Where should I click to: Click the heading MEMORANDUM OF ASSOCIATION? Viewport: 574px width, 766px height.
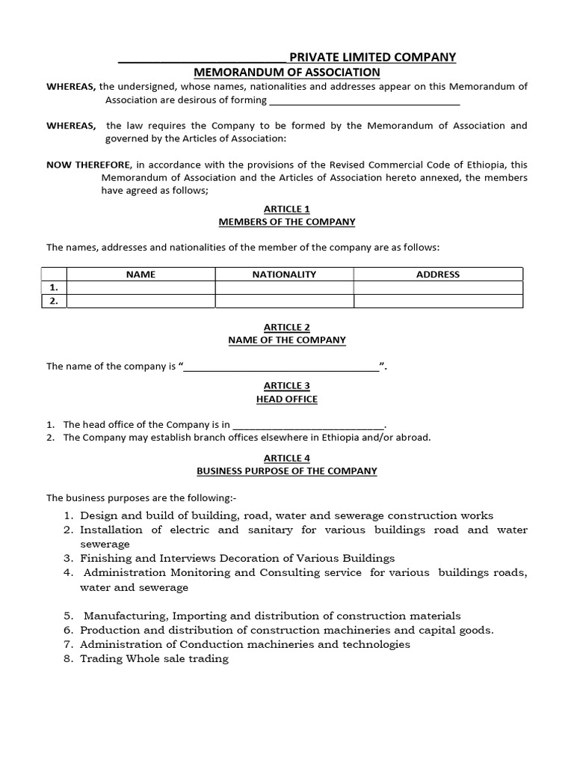[287, 72]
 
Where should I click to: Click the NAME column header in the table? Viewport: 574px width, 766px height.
[141, 275]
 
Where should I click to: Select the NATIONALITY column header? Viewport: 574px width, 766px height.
[284, 275]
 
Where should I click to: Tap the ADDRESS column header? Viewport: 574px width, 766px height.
[438, 275]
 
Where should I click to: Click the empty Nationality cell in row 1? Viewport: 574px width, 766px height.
[284, 288]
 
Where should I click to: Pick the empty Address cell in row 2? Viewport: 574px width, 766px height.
[438, 301]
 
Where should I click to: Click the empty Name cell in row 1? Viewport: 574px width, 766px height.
[141, 288]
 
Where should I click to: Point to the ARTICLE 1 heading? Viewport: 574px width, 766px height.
[287, 209]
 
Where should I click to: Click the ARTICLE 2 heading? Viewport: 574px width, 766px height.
[287, 327]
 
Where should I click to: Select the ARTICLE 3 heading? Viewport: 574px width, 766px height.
[287, 385]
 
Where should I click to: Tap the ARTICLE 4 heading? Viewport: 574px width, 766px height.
[287, 458]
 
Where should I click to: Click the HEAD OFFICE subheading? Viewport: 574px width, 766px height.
[287, 399]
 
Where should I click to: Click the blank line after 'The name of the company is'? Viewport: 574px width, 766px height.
[281, 367]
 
